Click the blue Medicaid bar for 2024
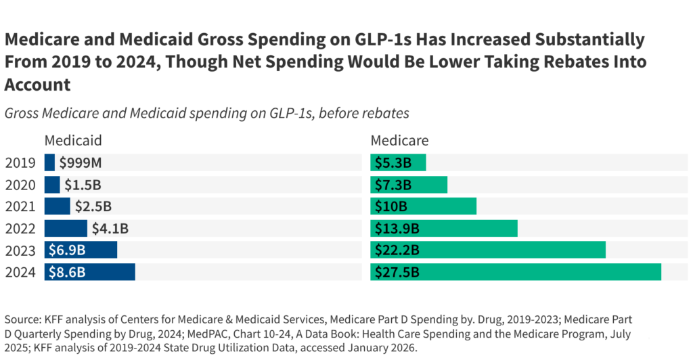(x=90, y=272)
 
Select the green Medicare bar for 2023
(x=487, y=250)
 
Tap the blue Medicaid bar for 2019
(x=49, y=162)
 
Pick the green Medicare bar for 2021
(x=423, y=206)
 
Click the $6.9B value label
(x=66, y=250)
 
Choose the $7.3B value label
(x=393, y=185)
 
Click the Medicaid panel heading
(x=73, y=141)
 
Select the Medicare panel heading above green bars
(x=399, y=141)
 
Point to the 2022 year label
(x=21, y=229)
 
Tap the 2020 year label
(x=21, y=185)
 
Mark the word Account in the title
(x=38, y=84)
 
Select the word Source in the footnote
(x=22, y=319)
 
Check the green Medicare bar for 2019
(x=398, y=162)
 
